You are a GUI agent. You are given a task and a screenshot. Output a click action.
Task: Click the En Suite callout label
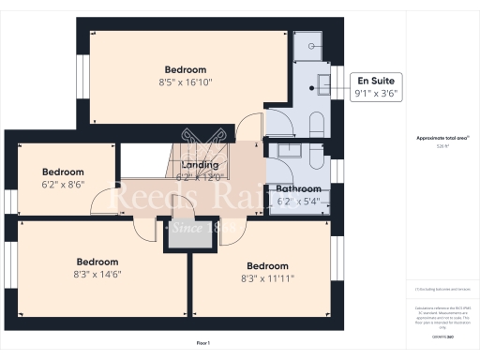(371, 82)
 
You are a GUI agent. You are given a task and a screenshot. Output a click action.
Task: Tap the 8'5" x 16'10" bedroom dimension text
(186, 82)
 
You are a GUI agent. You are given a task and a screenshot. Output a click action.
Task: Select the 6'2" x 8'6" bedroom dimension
(63, 185)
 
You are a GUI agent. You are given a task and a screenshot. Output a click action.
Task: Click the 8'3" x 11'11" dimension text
(269, 278)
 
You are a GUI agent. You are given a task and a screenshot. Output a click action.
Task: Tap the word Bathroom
(299, 188)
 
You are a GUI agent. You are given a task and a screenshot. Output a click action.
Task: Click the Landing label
(200, 165)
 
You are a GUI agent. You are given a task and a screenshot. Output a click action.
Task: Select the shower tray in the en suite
(309, 43)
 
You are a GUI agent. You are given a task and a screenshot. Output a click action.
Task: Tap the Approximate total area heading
(441, 138)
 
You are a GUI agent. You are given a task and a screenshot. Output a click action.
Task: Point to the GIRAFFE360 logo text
(441, 334)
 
